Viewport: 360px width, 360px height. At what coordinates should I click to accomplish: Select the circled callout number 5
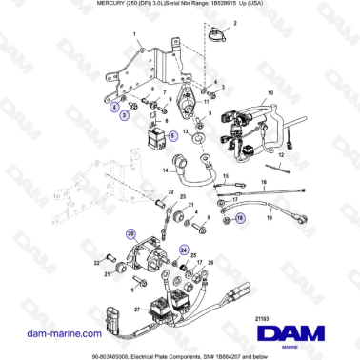click(173, 137)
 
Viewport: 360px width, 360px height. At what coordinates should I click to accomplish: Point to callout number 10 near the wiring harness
click(270, 93)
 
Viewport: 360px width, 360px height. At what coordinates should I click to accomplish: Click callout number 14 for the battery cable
click(165, 171)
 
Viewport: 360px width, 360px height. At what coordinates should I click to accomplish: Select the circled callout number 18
click(239, 218)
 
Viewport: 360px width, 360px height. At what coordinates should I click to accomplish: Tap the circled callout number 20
click(130, 233)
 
